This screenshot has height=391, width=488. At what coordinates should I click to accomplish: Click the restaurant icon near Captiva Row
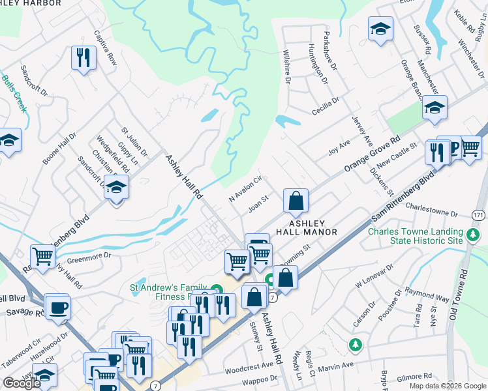tap(84, 58)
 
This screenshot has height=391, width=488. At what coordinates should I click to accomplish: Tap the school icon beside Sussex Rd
tap(380, 29)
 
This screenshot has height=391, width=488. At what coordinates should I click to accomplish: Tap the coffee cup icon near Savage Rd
tap(57, 307)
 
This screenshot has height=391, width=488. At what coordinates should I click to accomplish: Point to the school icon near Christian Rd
tap(116, 188)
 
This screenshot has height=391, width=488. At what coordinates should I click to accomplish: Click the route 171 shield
tap(480, 214)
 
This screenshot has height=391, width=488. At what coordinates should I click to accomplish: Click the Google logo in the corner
tap(22, 383)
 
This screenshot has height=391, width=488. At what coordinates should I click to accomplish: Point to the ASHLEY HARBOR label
tap(31, 3)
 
